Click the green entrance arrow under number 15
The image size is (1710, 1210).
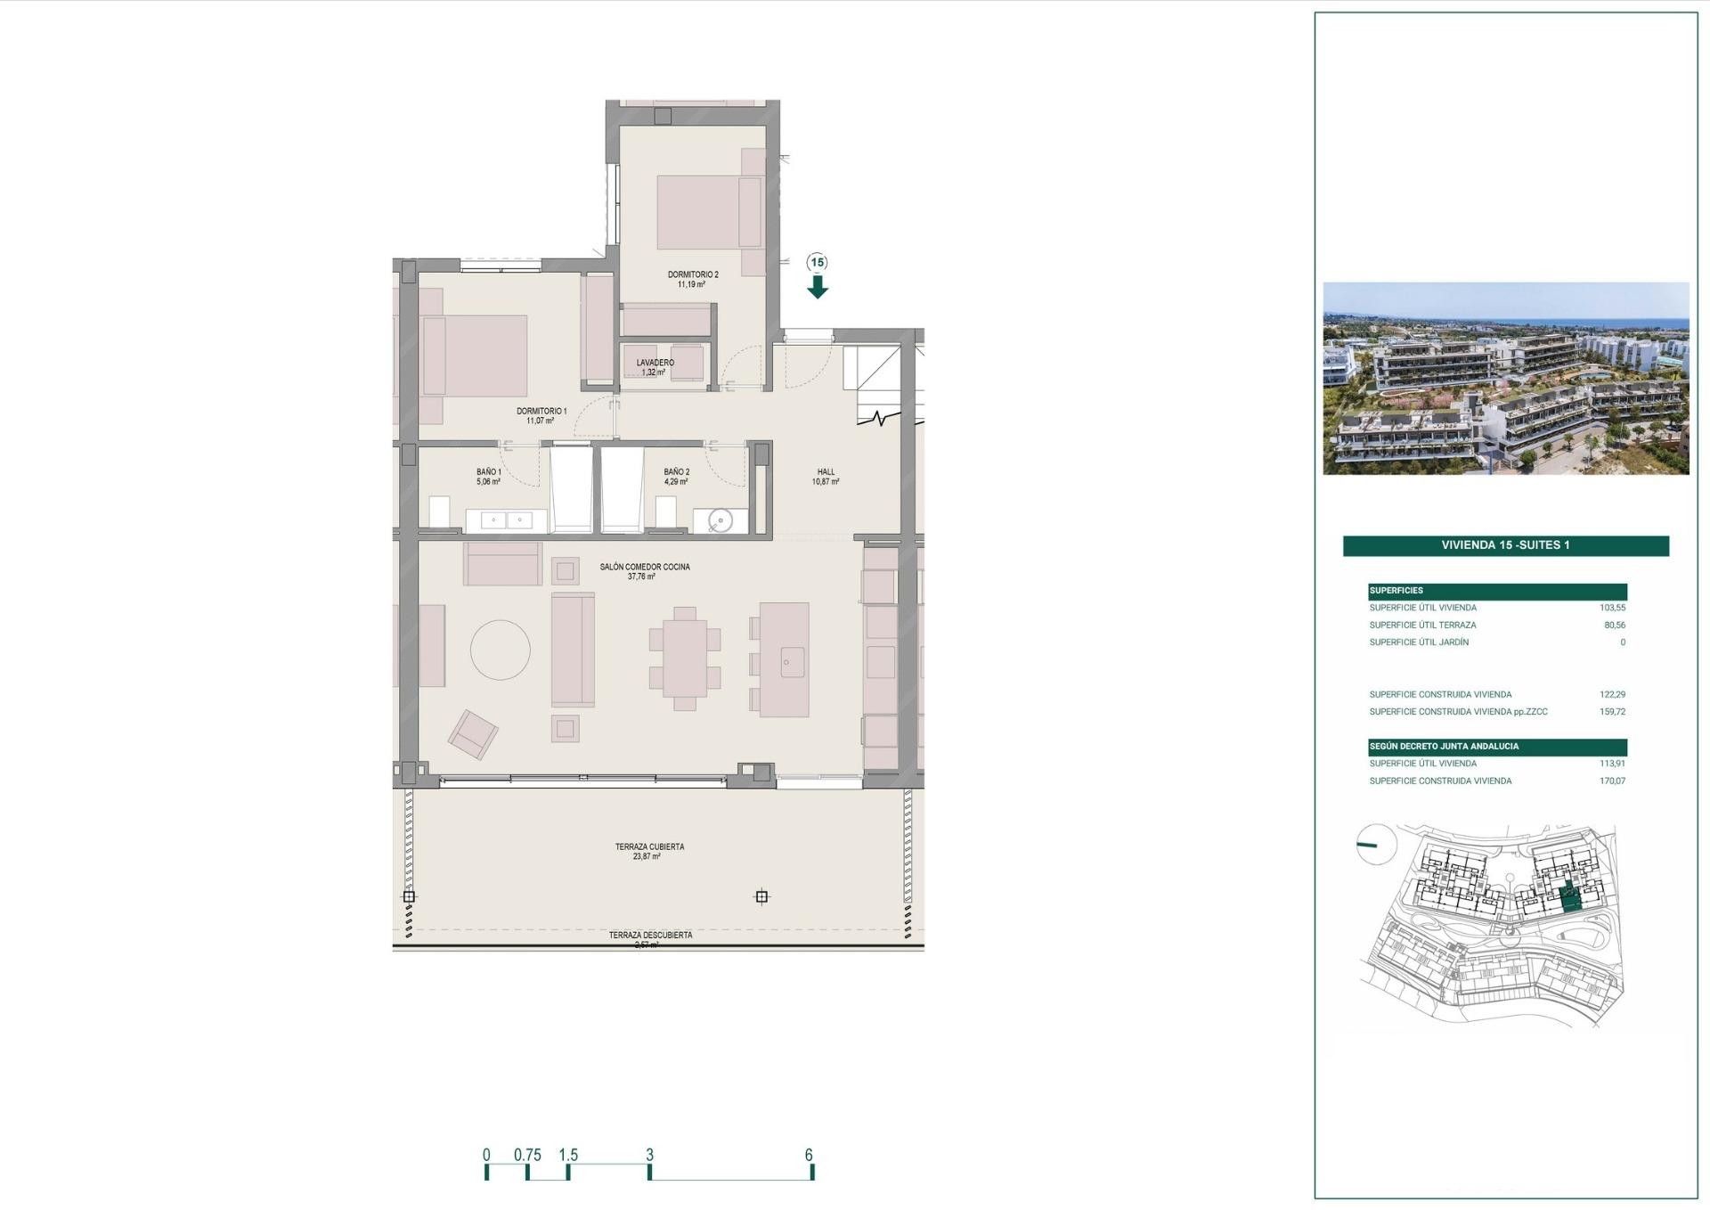(x=818, y=287)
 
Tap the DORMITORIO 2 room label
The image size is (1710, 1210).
(x=692, y=275)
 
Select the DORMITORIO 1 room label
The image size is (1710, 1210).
(x=541, y=412)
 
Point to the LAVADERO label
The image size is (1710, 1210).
(x=655, y=363)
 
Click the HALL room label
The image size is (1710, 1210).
(x=826, y=472)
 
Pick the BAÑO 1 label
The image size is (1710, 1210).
(x=488, y=472)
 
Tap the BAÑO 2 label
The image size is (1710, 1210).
(x=676, y=472)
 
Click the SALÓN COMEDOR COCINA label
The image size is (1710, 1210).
(x=644, y=567)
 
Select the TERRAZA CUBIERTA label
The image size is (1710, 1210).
(x=649, y=846)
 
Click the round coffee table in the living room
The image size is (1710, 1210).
(x=501, y=650)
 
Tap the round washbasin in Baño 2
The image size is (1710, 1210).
(x=720, y=520)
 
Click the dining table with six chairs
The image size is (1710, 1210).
(x=684, y=658)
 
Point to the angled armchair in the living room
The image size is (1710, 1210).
(x=473, y=733)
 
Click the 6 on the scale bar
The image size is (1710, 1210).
(x=809, y=1155)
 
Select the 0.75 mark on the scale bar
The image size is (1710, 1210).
(x=527, y=1155)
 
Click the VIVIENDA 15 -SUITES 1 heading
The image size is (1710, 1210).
(x=1505, y=545)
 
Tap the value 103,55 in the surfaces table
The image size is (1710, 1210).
(x=1612, y=608)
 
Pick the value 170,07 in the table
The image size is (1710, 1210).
(x=1612, y=781)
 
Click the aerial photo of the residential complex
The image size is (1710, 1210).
(x=1505, y=379)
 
